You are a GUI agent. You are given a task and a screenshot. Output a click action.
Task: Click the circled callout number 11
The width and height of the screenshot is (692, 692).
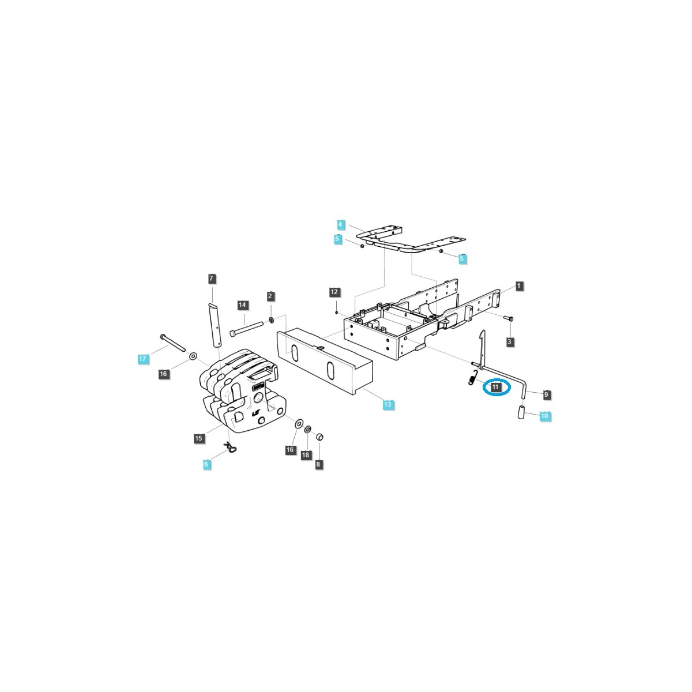click(495, 387)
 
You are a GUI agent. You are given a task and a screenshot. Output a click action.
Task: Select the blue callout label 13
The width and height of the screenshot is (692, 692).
click(388, 405)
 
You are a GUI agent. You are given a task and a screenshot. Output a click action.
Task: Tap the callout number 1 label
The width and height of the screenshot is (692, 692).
click(518, 286)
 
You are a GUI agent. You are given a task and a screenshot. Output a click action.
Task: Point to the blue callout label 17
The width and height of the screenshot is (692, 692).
click(142, 358)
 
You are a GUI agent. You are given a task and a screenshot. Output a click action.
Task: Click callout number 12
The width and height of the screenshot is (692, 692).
click(334, 292)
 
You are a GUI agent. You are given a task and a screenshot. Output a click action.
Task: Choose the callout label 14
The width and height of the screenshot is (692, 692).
click(242, 305)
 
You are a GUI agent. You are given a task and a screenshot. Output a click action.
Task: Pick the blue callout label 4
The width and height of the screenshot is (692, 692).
click(340, 225)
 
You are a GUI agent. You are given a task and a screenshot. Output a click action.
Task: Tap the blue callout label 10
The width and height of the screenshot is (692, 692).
click(544, 416)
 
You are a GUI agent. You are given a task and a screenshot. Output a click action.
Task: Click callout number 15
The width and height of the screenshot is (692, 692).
click(198, 438)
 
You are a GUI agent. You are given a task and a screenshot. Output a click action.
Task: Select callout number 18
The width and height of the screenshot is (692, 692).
click(305, 455)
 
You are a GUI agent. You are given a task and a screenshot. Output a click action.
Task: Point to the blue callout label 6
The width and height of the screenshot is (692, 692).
click(206, 464)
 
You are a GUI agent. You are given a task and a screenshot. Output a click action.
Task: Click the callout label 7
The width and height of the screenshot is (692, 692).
click(211, 279)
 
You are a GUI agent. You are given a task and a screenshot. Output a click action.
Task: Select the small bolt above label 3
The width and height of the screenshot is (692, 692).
click(509, 318)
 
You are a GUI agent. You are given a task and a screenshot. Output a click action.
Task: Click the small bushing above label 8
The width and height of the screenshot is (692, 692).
click(319, 437)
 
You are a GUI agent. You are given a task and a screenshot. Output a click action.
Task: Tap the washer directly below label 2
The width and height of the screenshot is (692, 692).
click(271, 319)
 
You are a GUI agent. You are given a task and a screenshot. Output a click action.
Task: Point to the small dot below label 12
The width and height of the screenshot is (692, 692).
click(336, 313)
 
